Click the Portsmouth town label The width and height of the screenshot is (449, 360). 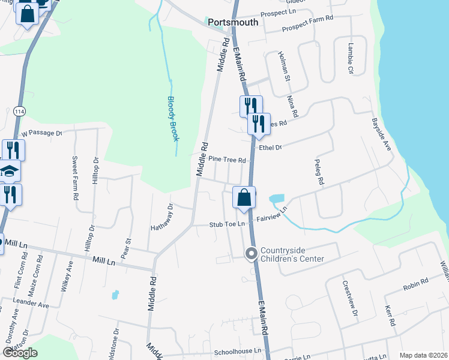pos(233,22)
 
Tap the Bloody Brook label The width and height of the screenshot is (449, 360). pos(173,119)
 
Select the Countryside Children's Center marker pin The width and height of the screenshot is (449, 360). pos(252,254)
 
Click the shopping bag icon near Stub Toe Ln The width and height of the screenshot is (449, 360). pos(244,197)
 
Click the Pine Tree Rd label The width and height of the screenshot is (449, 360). pos(228,160)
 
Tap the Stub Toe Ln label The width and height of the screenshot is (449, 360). pos(228,224)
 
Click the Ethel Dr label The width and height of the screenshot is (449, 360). pos(270,147)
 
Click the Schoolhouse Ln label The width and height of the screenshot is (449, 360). pos(239,350)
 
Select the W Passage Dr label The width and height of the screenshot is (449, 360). pos(41,133)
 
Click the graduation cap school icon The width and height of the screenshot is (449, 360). pos(8,172)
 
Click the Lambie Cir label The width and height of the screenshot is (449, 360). pos(351,58)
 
